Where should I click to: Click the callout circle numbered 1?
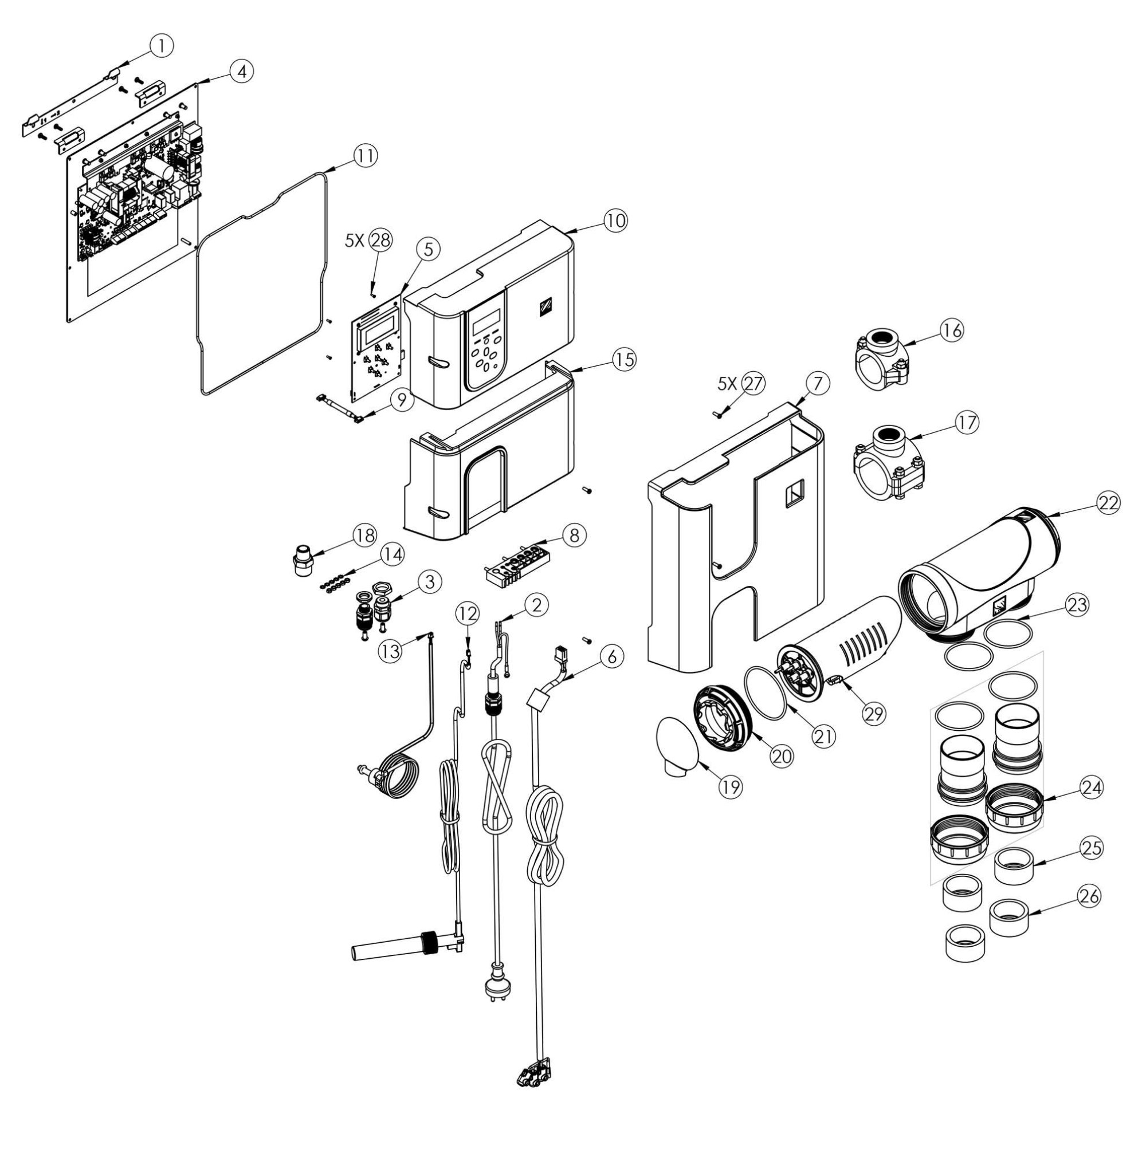tap(162, 45)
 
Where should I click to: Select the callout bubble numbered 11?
tap(366, 156)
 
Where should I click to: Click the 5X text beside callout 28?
tap(355, 241)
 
